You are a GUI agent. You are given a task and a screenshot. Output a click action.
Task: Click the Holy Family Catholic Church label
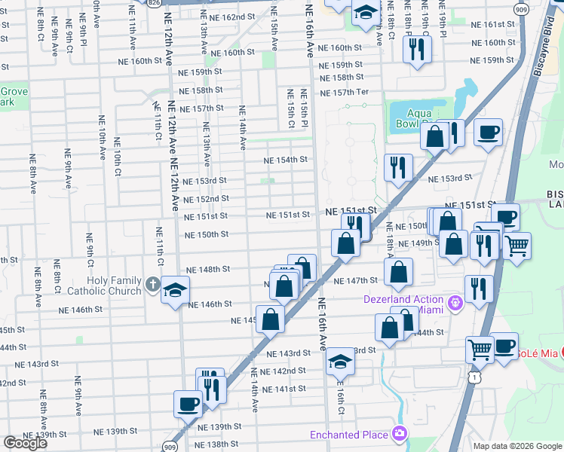(114, 286)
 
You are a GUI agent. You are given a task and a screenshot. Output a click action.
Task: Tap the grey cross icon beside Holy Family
(152, 286)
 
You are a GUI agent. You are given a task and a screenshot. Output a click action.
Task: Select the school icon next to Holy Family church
(175, 290)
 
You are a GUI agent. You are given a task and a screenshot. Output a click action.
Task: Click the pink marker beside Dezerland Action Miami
(455, 303)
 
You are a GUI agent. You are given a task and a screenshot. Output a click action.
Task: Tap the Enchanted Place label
(350, 434)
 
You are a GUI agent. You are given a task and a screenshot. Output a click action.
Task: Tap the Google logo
(25, 444)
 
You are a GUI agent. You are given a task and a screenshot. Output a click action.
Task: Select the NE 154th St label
(285, 160)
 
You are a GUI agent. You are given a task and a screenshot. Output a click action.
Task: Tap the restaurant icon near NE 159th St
(415, 49)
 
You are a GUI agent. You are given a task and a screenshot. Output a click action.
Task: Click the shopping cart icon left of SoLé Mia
(479, 349)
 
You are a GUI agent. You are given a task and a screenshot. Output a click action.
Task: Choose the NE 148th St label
(207, 269)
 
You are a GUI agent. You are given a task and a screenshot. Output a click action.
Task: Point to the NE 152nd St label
(206, 199)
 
